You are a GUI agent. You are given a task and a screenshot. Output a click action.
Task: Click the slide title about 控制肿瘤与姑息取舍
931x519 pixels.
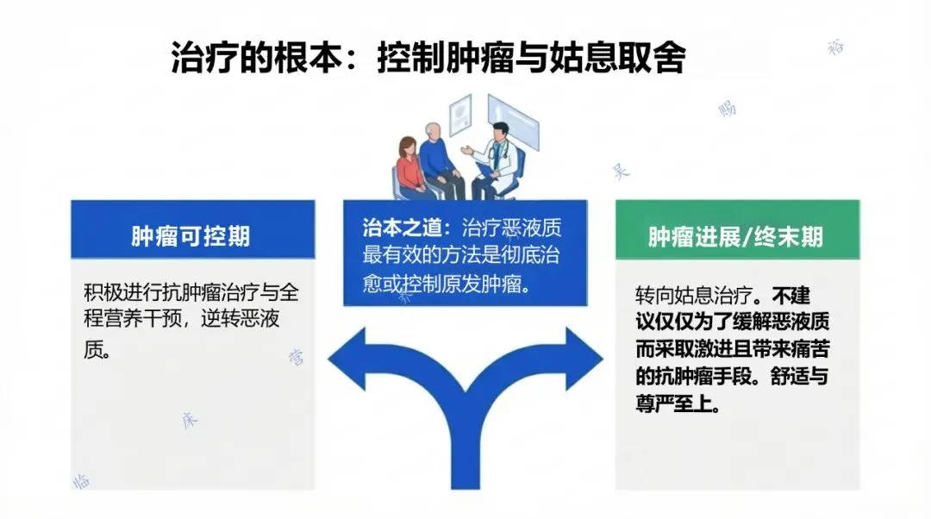click(x=428, y=59)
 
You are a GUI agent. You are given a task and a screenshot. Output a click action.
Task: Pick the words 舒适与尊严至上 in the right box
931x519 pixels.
click(x=729, y=390)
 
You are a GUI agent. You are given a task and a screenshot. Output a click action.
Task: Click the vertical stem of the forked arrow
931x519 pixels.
click(x=465, y=457)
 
